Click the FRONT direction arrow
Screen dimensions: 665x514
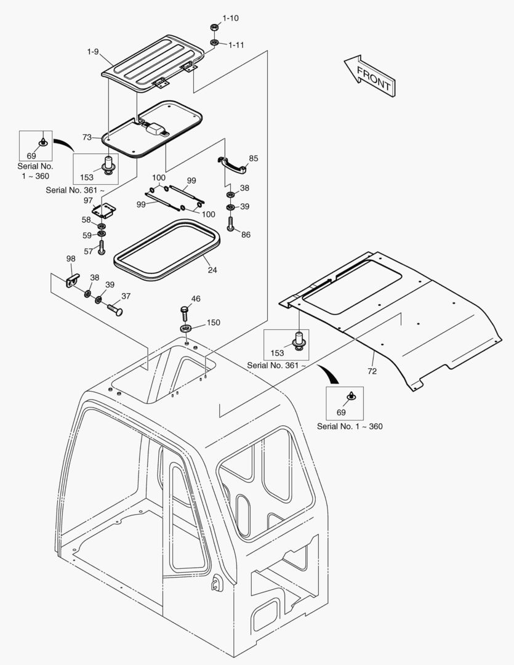coord(369,75)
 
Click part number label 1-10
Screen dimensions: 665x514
coord(230,18)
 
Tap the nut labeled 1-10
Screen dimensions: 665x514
coord(214,28)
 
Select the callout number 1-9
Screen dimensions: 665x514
coord(93,52)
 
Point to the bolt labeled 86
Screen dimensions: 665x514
coord(231,223)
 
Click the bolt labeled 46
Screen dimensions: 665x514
coord(185,310)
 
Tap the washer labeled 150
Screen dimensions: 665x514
coord(187,326)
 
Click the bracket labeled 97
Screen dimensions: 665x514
coord(103,211)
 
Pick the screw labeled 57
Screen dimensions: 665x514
coord(102,248)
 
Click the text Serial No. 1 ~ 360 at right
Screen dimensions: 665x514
coord(350,426)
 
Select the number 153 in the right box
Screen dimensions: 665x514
coord(278,353)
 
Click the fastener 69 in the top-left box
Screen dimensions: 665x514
coord(42,143)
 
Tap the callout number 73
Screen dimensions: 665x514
coord(87,137)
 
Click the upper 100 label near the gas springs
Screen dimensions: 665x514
coord(159,178)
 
